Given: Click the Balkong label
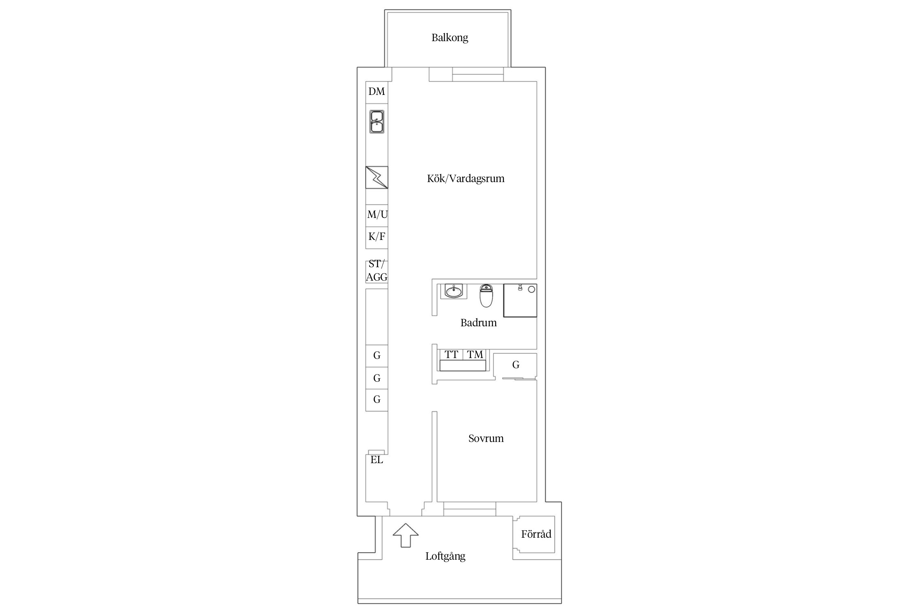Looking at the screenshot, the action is (x=450, y=38).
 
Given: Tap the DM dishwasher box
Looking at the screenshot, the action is (x=377, y=92).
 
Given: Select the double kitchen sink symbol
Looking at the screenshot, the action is (x=377, y=121).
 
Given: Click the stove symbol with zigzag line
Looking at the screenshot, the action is (x=377, y=177).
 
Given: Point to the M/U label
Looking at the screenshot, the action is (x=377, y=214).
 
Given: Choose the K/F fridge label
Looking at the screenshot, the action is (x=377, y=236).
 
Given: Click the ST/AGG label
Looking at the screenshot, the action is (x=377, y=270).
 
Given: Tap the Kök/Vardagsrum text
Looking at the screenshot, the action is (x=465, y=178).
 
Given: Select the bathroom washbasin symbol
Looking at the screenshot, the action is (x=454, y=291).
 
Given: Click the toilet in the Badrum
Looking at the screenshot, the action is (x=486, y=295).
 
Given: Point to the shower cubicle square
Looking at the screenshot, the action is (x=520, y=300).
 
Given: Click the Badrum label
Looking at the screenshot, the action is (x=478, y=323).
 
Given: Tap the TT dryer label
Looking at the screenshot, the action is (x=451, y=354).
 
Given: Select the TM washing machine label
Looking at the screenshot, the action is (x=475, y=354).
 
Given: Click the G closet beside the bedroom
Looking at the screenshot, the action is (x=515, y=365).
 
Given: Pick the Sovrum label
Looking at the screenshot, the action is (x=486, y=438).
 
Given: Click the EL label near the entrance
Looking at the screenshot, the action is (x=377, y=460).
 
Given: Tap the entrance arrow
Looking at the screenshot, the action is (x=406, y=535).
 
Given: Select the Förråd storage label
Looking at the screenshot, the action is (x=536, y=534).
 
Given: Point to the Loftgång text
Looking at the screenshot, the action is (x=445, y=556).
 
